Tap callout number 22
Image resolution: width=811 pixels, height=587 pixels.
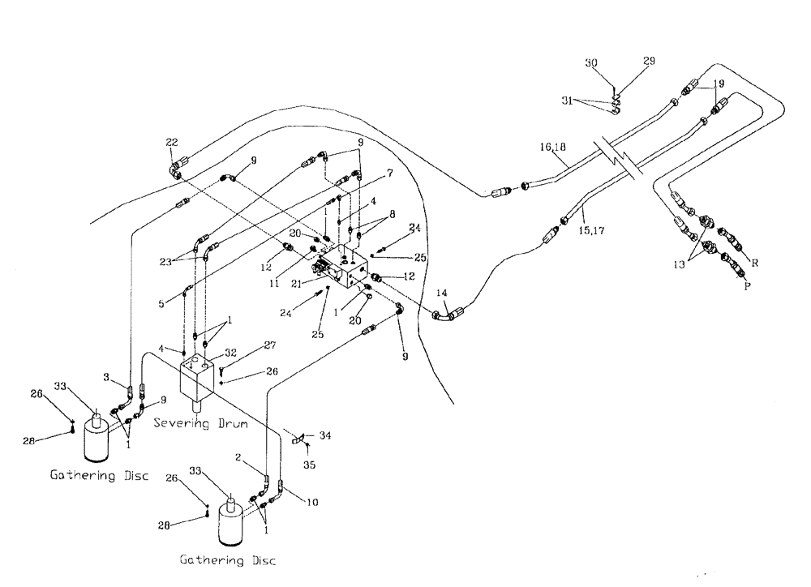171,143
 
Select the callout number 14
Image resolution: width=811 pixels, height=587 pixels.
441,293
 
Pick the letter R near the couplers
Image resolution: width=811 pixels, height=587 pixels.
754,263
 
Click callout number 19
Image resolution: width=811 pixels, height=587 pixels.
719,84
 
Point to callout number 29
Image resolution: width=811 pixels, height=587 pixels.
649,61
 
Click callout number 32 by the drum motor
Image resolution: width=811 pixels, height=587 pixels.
231,354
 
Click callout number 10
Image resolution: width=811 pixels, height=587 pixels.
312,503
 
